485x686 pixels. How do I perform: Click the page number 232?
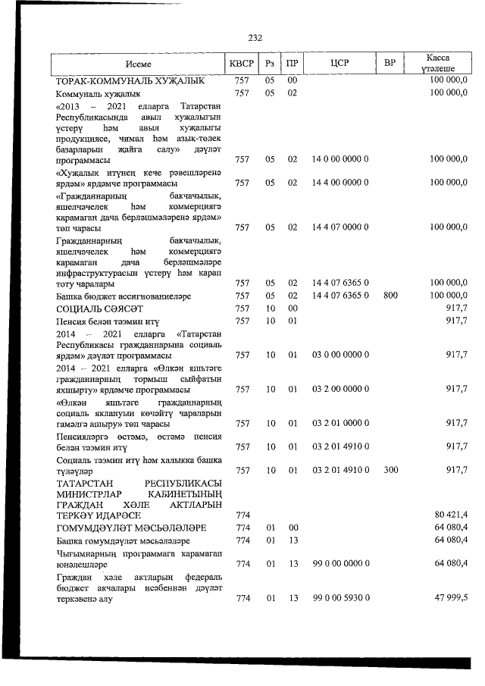click(x=255, y=37)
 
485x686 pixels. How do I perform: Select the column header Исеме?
click(x=139, y=64)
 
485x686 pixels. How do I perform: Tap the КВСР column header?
click(x=242, y=64)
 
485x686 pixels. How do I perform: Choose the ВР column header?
click(x=390, y=64)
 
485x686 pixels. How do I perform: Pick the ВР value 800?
click(x=390, y=295)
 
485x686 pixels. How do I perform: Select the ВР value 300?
click(x=390, y=471)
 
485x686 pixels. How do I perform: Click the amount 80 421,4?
click(x=450, y=515)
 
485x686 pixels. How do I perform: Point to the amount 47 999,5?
click(x=450, y=599)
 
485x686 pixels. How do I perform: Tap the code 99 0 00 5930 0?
click(x=340, y=599)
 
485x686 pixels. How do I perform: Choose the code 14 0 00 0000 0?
click(x=340, y=161)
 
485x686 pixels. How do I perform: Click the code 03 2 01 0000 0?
click(x=340, y=423)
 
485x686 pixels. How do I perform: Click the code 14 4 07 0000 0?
click(x=340, y=227)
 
